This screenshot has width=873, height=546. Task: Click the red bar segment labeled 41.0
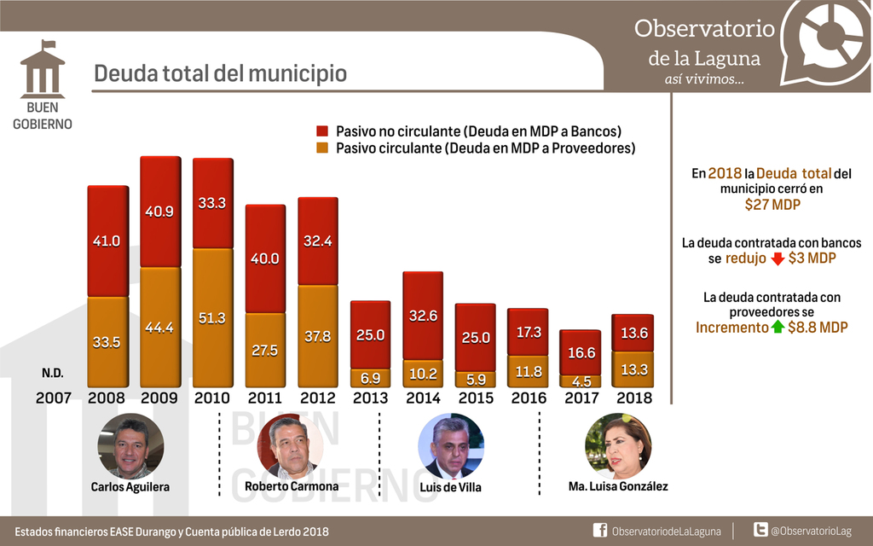tap(107, 241)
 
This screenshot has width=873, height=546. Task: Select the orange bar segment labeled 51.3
tap(212, 317)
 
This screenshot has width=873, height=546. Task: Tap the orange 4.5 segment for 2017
tap(580, 381)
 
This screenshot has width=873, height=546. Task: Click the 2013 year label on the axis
tap(369, 398)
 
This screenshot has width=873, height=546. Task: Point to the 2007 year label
tap(54, 398)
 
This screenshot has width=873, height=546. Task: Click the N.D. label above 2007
tap(52, 374)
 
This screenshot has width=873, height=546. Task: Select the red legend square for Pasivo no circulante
tap(322, 131)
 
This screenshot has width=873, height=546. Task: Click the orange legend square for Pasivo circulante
tap(322, 148)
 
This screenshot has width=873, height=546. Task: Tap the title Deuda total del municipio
tap(220, 73)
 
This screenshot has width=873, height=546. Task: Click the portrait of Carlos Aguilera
tap(130, 445)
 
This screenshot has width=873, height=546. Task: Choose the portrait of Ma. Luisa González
tap(618, 445)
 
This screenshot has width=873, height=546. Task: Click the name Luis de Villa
tap(450, 487)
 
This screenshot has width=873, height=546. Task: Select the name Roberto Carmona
tap(291, 486)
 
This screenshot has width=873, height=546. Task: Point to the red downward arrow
tap(777, 258)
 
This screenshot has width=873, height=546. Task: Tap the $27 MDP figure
tap(772, 205)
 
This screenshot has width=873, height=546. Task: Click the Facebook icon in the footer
tap(599, 531)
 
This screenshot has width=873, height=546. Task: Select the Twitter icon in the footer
tap(760, 531)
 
